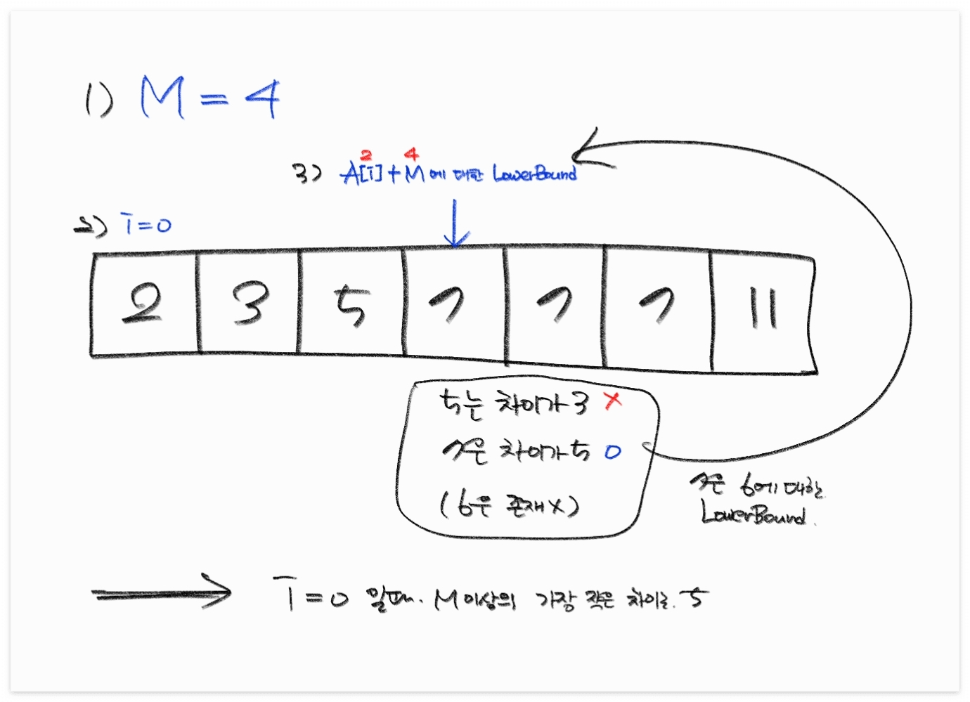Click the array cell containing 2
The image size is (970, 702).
143,304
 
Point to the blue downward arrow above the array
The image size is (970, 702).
455,223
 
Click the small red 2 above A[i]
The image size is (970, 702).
366,155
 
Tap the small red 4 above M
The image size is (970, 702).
412,154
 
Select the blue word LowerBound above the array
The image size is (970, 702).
534,173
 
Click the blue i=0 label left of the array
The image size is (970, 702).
146,224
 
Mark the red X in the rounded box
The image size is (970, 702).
613,401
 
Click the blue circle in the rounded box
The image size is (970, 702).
613,452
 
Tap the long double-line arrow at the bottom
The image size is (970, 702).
162,594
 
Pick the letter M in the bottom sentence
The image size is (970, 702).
447,599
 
